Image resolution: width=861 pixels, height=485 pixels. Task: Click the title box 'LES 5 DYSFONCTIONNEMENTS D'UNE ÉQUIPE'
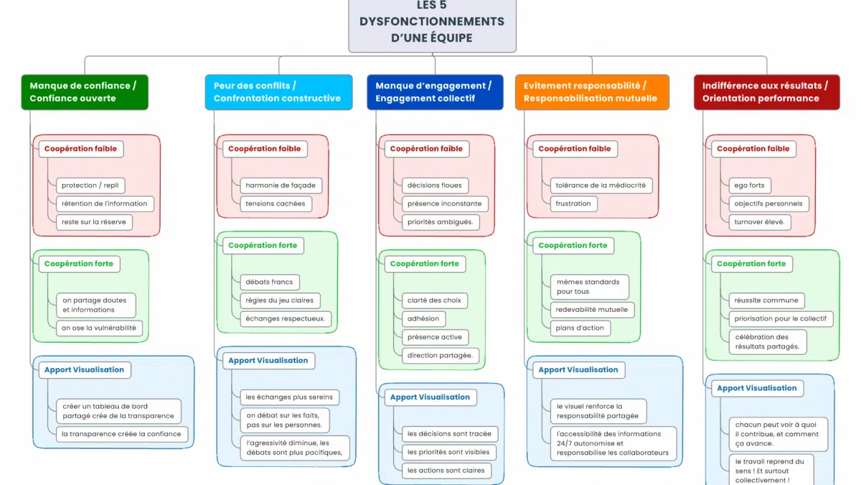point(432,23)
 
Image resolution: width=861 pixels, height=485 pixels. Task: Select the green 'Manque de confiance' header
point(85,92)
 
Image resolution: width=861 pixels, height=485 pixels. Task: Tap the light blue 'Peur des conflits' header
point(278,92)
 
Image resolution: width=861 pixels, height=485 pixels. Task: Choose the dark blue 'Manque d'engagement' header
point(435,92)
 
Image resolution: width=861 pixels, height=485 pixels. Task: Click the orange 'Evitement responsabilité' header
point(592,92)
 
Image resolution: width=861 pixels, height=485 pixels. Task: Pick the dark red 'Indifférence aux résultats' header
point(766,92)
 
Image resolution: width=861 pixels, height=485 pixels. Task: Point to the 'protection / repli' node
point(90,185)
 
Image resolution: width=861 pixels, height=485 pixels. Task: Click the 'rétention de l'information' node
point(104,203)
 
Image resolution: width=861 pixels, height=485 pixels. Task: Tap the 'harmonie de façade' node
point(281,185)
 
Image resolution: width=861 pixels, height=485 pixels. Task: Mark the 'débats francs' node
point(269,282)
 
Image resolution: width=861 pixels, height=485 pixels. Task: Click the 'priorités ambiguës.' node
point(440,222)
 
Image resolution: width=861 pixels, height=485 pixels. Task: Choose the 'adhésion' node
point(423,318)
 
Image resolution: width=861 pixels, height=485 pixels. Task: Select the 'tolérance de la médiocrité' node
point(601,185)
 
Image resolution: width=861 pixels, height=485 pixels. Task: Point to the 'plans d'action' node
point(580,328)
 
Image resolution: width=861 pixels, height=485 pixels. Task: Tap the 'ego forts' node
point(750,185)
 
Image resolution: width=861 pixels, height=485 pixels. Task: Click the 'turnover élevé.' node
point(760,222)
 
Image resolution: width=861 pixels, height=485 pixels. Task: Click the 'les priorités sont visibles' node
point(448,452)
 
